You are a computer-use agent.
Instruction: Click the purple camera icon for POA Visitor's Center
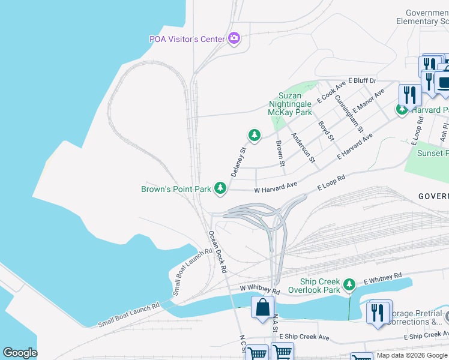pos(234,39)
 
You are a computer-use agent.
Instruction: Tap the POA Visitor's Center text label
pos(187,39)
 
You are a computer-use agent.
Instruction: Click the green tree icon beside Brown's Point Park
pos(220,188)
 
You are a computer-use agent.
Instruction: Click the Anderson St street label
pos(303,148)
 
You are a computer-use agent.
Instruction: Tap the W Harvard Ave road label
pos(276,188)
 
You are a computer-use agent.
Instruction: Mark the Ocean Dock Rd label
pos(217,252)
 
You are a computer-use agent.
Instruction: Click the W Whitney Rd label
pos(260,289)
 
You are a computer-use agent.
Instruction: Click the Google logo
pos(20,353)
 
